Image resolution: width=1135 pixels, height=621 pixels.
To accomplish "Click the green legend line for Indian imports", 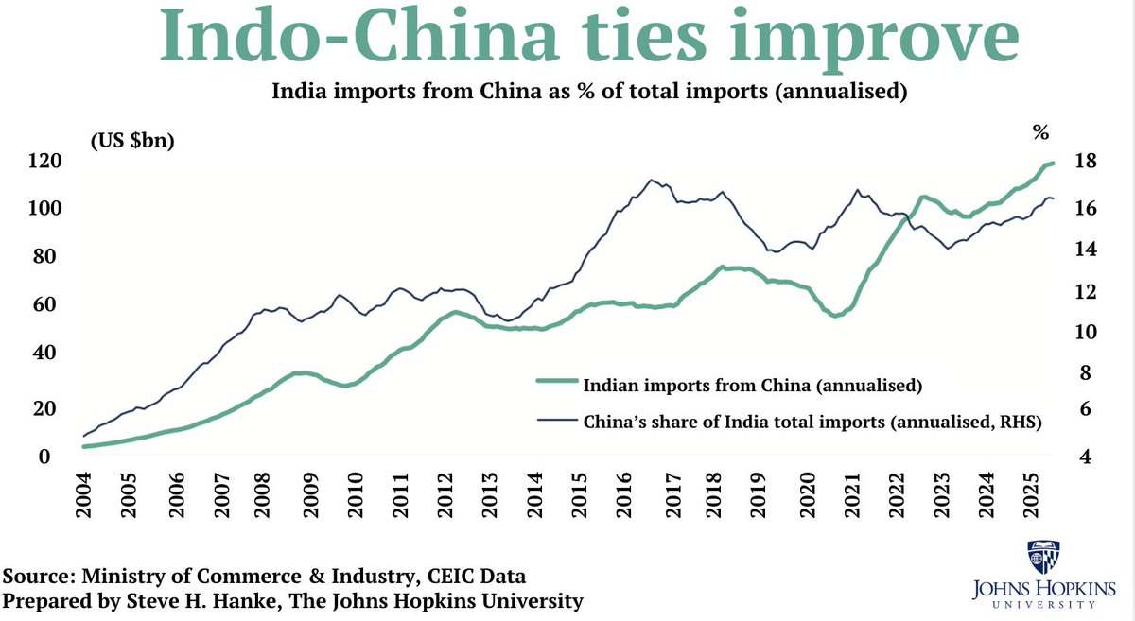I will (556, 382).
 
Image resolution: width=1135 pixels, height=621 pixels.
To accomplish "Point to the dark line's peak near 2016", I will (651, 180).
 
